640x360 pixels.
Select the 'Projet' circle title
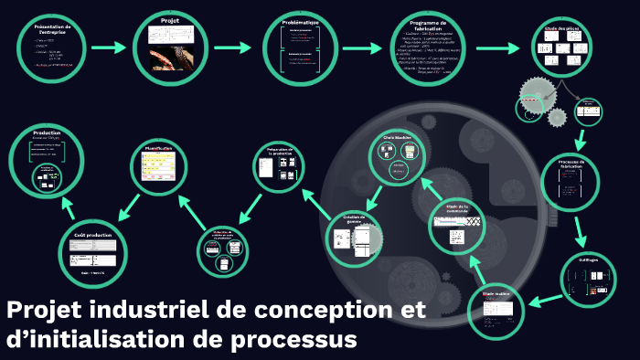coord(169,20)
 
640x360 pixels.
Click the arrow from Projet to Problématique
coord(232,46)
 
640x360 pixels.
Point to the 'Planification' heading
coord(163,146)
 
